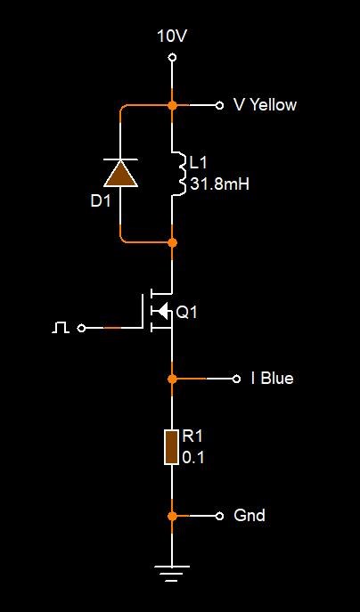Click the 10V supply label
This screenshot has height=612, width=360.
coord(172,37)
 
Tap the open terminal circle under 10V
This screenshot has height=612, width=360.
coord(172,58)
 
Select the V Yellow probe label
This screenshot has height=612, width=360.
coord(265,105)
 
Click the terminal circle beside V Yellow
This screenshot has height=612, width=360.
coord(219,105)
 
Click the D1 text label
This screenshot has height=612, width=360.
coord(101,201)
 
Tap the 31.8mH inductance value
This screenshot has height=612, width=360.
coord(219,184)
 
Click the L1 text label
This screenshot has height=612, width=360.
coord(199,163)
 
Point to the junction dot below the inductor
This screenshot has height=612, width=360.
coord(172,243)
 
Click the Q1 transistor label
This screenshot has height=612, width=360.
coord(187,312)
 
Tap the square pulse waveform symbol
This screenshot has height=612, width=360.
coord(61,328)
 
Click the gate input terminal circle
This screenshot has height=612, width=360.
coord(81,328)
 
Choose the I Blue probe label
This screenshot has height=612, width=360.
coord(272,379)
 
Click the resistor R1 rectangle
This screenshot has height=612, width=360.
coord(172,447)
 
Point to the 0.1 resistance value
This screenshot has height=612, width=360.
coord(193,457)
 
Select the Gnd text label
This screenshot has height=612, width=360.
coord(250,515)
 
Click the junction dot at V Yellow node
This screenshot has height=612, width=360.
coord(172,105)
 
